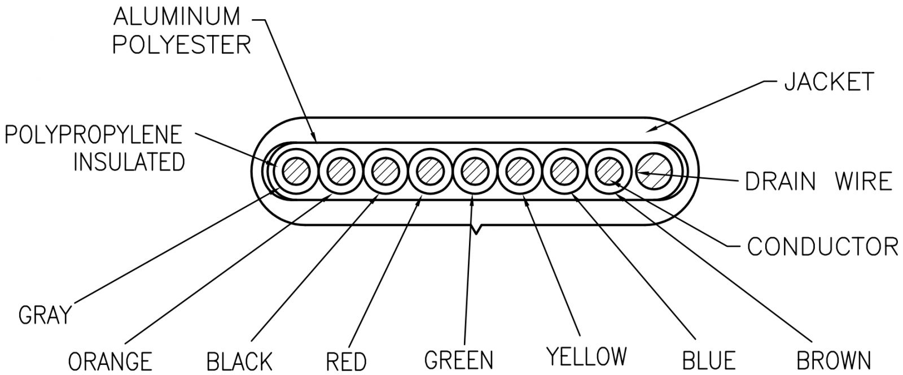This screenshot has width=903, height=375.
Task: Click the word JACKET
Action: click(x=829, y=82)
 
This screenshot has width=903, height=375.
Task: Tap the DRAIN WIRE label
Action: click(x=818, y=181)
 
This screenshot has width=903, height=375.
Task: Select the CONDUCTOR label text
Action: click(x=822, y=246)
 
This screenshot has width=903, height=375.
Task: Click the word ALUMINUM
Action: click(x=177, y=17)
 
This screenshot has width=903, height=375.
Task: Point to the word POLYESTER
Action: click(x=182, y=45)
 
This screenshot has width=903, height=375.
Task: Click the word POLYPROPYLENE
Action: click(x=94, y=135)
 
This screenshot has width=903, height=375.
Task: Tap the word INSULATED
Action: click(x=130, y=162)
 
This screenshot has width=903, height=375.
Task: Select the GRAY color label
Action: click(x=46, y=315)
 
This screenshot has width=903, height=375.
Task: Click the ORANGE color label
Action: click(x=110, y=360)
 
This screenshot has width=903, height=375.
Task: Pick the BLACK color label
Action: click(x=239, y=360)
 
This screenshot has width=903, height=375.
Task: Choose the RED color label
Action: click(x=347, y=360)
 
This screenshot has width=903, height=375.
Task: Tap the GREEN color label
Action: click(x=458, y=359)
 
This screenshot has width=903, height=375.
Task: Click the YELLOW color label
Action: click(x=586, y=356)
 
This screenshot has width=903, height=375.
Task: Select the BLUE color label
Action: click(x=708, y=360)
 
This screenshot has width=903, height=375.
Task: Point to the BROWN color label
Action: click(x=833, y=360)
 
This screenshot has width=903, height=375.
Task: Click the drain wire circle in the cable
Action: click(x=654, y=171)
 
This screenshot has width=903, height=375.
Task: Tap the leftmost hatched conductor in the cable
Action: click(x=294, y=171)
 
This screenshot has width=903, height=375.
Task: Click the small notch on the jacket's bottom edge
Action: click(x=477, y=229)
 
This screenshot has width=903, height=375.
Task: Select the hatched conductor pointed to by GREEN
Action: click(x=473, y=171)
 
